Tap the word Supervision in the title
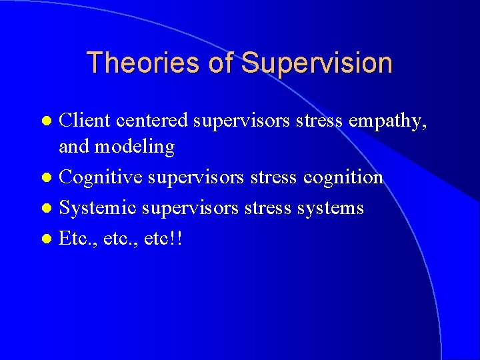pos(317,63)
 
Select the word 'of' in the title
pos(219,63)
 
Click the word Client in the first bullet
pos(85,121)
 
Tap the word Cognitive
pos(97,178)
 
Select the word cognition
pos(343,178)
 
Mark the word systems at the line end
pos(331,209)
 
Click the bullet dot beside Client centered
pos(46,122)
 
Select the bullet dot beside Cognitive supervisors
pos(46,178)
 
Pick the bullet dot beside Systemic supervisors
pos(46,209)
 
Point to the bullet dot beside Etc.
pos(46,239)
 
